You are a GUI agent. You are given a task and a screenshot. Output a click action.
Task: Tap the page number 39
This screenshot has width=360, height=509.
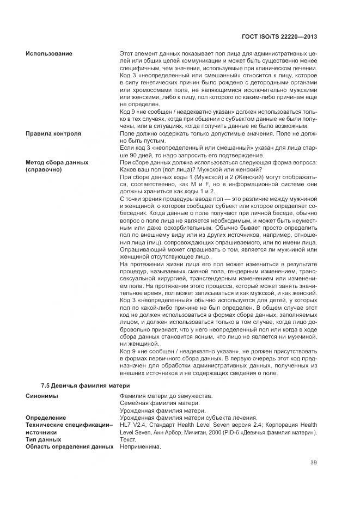click(314, 463)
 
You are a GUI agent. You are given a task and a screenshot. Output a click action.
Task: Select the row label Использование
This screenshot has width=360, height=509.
click(48, 54)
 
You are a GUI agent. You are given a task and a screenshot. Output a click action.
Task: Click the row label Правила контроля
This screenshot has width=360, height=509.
click(53, 133)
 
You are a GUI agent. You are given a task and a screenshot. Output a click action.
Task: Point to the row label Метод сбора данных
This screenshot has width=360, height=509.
click(56, 162)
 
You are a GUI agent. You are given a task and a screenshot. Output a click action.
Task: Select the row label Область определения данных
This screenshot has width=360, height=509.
click(69, 446)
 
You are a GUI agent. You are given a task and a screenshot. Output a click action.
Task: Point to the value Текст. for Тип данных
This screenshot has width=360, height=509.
click(128, 439)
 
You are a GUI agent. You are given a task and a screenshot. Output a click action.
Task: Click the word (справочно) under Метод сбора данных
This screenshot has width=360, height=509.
click(44, 169)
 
